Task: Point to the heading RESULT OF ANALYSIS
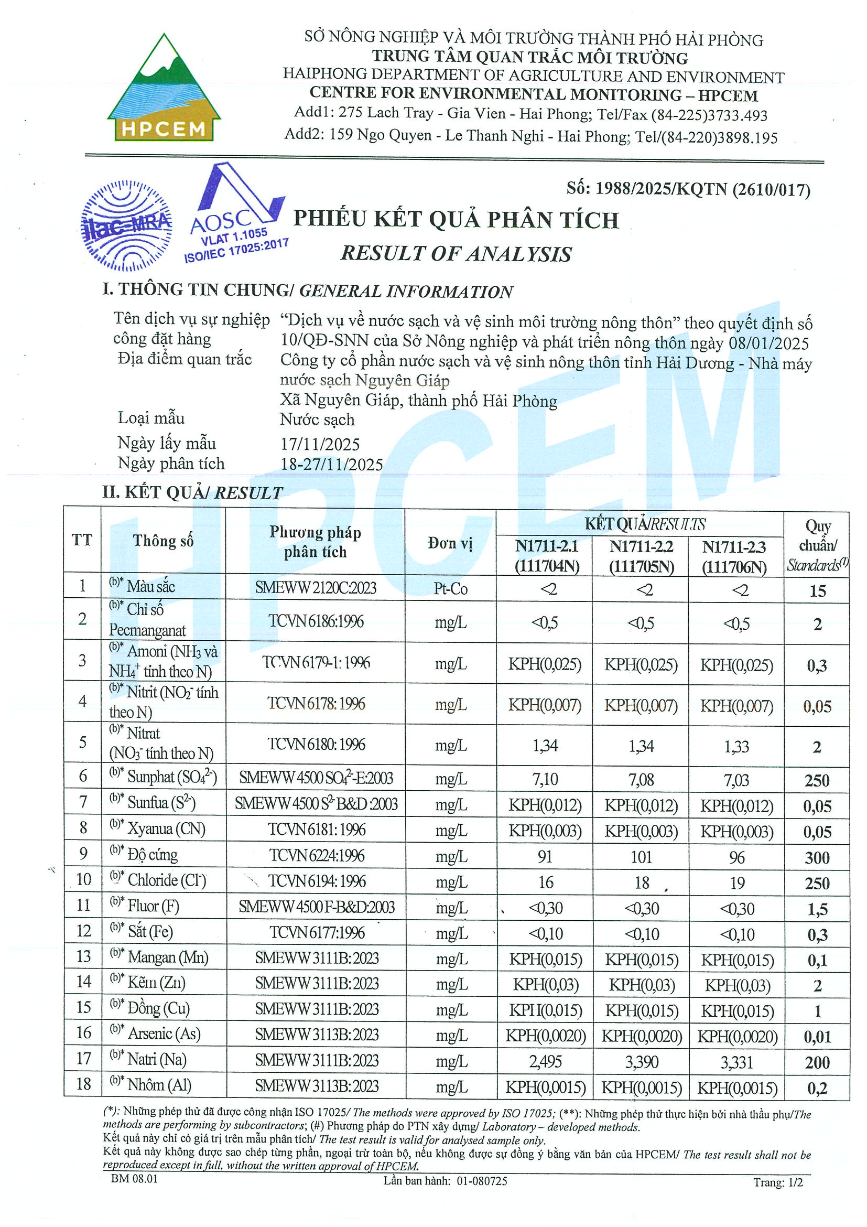click(x=456, y=253)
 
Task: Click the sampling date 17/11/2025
click(x=320, y=444)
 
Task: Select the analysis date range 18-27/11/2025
click(x=332, y=465)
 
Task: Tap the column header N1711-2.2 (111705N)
click(x=641, y=556)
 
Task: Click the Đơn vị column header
click(x=450, y=543)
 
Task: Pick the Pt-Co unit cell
click(x=450, y=589)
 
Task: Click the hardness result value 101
click(x=641, y=857)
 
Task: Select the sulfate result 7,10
click(x=545, y=780)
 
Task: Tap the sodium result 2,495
click(x=545, y=1061)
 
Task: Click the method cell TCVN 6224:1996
click(x=316, y=856)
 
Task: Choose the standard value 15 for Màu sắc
click(x=817, y=590)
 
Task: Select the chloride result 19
click(x=737, y=883)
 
